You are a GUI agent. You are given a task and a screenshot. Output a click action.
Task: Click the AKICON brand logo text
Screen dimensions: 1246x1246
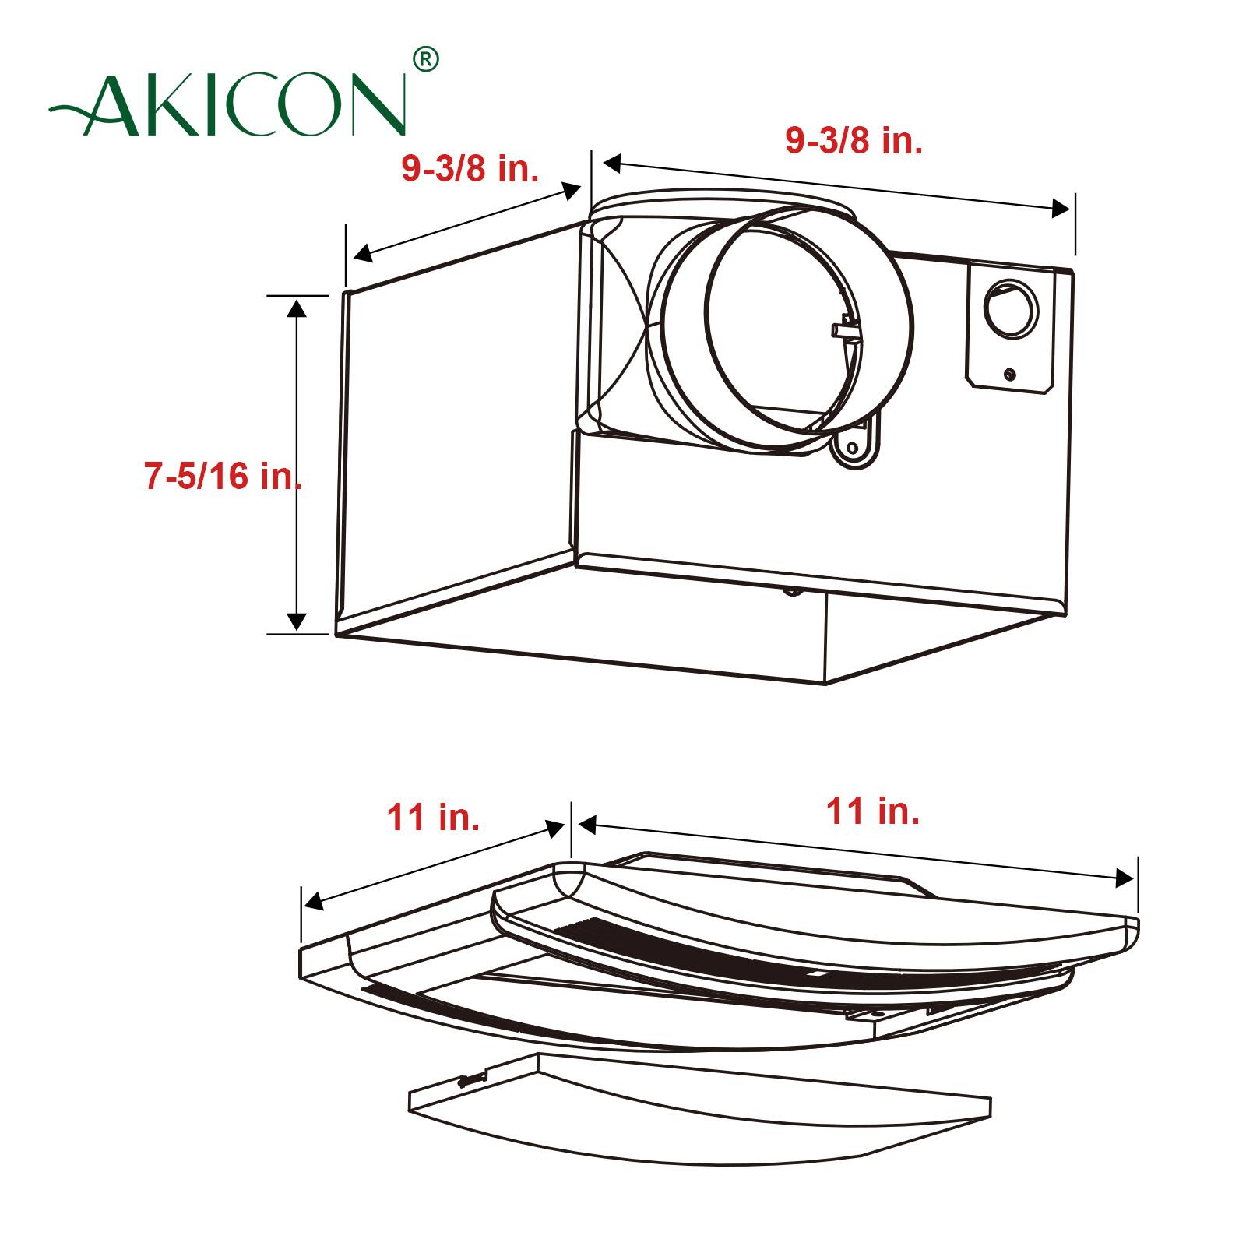coord(234,105)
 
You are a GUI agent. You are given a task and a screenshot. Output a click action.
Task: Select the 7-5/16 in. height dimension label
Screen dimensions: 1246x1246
coord(223,476)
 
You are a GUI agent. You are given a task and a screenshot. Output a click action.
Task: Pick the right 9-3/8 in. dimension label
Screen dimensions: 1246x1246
coord(854,141)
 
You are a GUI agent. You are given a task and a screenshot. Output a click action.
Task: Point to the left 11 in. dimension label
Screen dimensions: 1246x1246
coord(433,818)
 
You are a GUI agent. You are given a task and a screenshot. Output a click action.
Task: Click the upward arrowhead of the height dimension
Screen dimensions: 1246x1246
coord(296,308)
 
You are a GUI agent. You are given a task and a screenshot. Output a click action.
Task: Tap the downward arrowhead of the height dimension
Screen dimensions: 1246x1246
coord(296,621)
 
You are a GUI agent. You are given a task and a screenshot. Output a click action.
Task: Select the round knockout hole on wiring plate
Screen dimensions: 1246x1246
coord(1010,308)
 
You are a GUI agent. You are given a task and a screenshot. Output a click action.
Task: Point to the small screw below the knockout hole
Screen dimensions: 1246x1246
coord(1010,375)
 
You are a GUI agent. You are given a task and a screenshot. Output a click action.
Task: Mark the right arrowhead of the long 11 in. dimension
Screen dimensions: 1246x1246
coord(1125,878)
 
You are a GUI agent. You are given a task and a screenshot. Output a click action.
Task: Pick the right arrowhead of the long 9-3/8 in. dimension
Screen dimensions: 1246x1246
coord(1061,208)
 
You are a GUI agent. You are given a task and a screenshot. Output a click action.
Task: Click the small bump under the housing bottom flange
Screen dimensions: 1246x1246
coord(792,590)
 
